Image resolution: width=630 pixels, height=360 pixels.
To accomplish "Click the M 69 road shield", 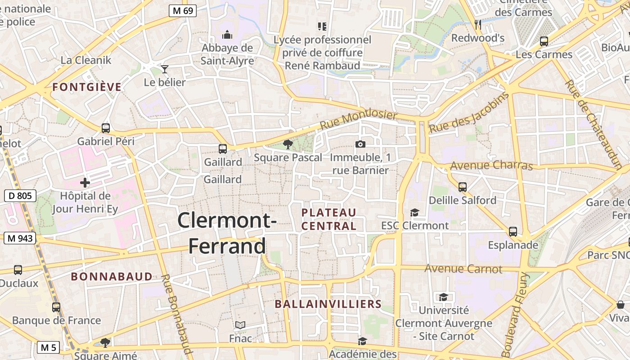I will tap(183, 11).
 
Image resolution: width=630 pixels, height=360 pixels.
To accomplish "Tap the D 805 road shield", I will tap(20, 196).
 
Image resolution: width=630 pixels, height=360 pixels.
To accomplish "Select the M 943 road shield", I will tap(20, 238).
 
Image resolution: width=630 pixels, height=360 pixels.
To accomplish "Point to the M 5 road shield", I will tap(48, 347).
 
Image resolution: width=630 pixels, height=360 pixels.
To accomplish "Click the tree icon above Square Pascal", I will tap(288, 144).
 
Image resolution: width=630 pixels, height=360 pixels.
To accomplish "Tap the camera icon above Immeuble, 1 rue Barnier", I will tap(360, 144).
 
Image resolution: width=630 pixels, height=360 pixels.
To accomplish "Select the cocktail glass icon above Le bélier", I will tap(165, 69).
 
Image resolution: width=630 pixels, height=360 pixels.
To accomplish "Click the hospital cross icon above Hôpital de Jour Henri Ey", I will tap(85, 183).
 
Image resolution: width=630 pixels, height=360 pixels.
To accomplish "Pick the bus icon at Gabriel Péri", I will tap(106, 128).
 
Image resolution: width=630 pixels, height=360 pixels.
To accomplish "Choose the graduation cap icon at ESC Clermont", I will tap(414, 212).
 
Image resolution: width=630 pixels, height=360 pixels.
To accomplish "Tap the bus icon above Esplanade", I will tap(513, 232).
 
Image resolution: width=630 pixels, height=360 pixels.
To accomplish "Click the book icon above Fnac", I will tap(240, 325).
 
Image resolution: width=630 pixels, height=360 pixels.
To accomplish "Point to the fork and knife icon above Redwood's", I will tap(478, 25).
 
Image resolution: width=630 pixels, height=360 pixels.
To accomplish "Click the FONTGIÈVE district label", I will tap(87, 87).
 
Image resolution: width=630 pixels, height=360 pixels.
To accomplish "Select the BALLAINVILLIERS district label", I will tap(328, 304).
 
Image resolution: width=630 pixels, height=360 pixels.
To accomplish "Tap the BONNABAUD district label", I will tap(112, 277).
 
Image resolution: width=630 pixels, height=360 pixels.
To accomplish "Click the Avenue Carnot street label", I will tap(463, 269).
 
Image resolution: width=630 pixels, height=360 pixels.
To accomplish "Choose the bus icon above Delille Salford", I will tap(463, 187).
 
